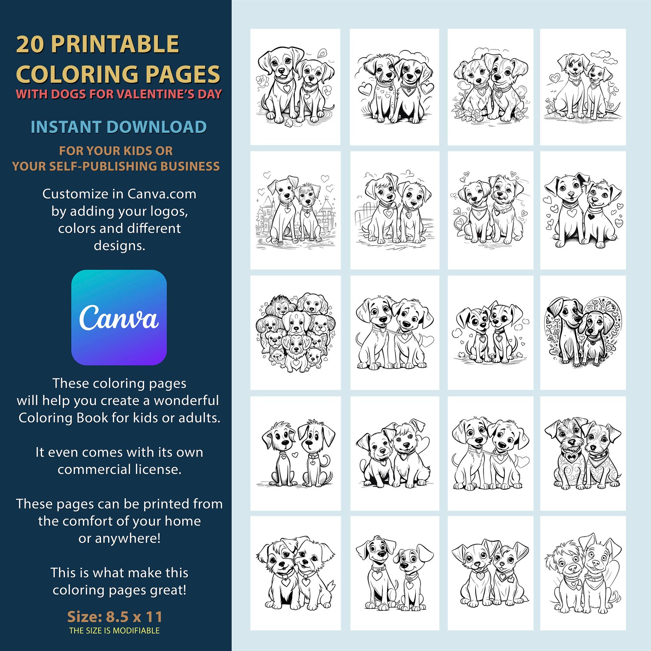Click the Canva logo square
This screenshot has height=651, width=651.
(x=119, y=317)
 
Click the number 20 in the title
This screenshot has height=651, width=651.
(x=30, y=44)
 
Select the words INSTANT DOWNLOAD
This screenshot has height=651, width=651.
(x=118, y=127)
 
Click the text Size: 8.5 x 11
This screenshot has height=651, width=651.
(x=115, y=616)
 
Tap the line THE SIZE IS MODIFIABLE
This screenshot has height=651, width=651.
(x=114, y=631)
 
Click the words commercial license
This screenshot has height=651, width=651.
(x=119, y=469)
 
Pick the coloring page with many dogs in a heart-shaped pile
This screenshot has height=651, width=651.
(x=296, y=332)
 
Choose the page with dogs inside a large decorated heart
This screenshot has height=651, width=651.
(x=583, y=332)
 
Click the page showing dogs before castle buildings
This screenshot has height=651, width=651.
(x=296, y=210)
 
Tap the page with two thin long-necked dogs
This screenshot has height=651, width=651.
(x=296, y=453)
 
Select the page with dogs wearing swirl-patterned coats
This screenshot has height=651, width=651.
(x=583, y=453)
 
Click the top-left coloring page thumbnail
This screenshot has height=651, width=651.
(x=296, y=87)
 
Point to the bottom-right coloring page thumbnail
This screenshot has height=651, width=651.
(x=583, y=573)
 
